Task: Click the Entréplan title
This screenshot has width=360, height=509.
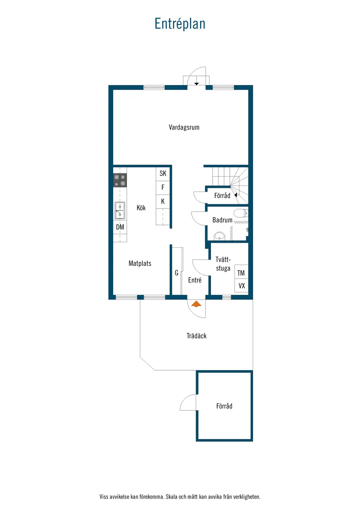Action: tap(180, 24)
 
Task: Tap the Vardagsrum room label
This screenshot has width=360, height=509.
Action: tap(184, 127)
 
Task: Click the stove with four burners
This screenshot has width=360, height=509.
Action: tap(120, 180)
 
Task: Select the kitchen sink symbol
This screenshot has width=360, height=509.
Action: tap(120, 211)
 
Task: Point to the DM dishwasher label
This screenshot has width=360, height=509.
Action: tap(120, 227)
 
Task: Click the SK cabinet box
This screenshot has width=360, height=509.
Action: tap(163, 174)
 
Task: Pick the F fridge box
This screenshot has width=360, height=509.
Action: tap(163, 188)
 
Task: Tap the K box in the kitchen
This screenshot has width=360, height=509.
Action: tap(163, 201)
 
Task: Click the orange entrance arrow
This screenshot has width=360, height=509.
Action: tap(196, 304)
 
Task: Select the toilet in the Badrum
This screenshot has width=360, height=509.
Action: tap(241, 213)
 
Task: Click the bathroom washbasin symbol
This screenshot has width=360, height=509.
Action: tap(220, 236)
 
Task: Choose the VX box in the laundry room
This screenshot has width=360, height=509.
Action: tap(241, 285)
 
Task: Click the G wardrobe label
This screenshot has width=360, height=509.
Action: tap(176, 273)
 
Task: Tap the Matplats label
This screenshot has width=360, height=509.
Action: tap(140, 263)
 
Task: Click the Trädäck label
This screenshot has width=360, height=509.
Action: tap(197, 336)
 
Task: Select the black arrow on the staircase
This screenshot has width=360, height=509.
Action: tap(236, 195)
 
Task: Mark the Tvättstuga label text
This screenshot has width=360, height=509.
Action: tap(223, 264)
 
